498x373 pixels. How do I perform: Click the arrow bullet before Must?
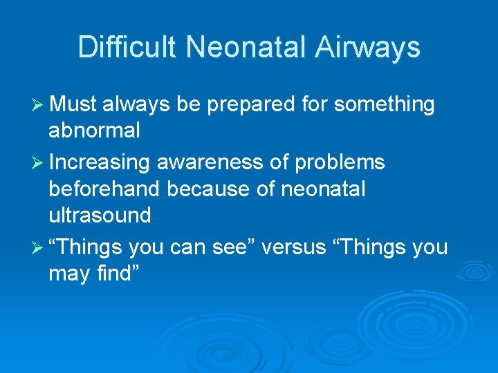pos(39,104)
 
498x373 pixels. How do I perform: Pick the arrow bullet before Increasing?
pos(39,162)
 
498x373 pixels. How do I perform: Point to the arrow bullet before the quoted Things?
pos(39,247)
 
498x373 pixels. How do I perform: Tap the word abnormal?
pos(94,130)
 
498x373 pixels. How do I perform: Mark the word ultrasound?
pos(100,215)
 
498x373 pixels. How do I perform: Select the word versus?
pos(289,247)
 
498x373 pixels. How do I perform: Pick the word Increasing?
pos(100,162)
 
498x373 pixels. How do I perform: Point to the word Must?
pos(73,104)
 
